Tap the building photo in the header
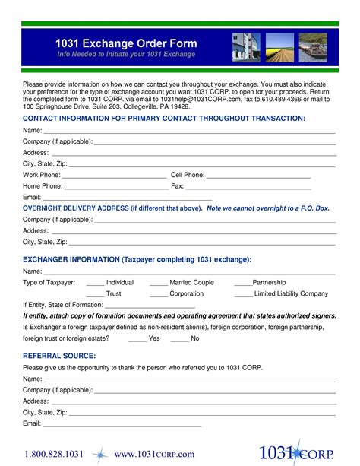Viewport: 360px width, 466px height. pyautogui.click(x=246, y=47)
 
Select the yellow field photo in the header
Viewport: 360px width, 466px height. pyautogui.click(x=279, y=47)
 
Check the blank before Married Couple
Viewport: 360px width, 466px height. pyautogui.click(x=159, y=284)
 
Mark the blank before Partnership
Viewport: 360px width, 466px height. pyautogui.click(x=243, y=284)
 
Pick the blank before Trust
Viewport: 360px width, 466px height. pyautogui.click(x=95, y=295)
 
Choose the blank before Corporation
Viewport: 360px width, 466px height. pyautogui.click(x=159, y=295)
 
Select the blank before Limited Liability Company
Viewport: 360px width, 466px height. pyautogui.click(x=243, y=295)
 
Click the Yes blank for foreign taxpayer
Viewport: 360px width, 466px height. pyautogui.click(x=137, y=340)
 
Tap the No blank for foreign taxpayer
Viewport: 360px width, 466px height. pyautogui.click(x=180, y=340)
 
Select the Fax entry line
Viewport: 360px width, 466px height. pyautogui.click(x=248, y=188)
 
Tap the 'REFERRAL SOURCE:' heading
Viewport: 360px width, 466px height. pyautogui.click(x=59, y=356)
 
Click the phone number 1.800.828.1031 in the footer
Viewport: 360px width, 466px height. pyautogui.click(x=53, y=454)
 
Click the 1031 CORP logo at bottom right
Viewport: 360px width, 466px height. pyautogui.click(x=295, y=452)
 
